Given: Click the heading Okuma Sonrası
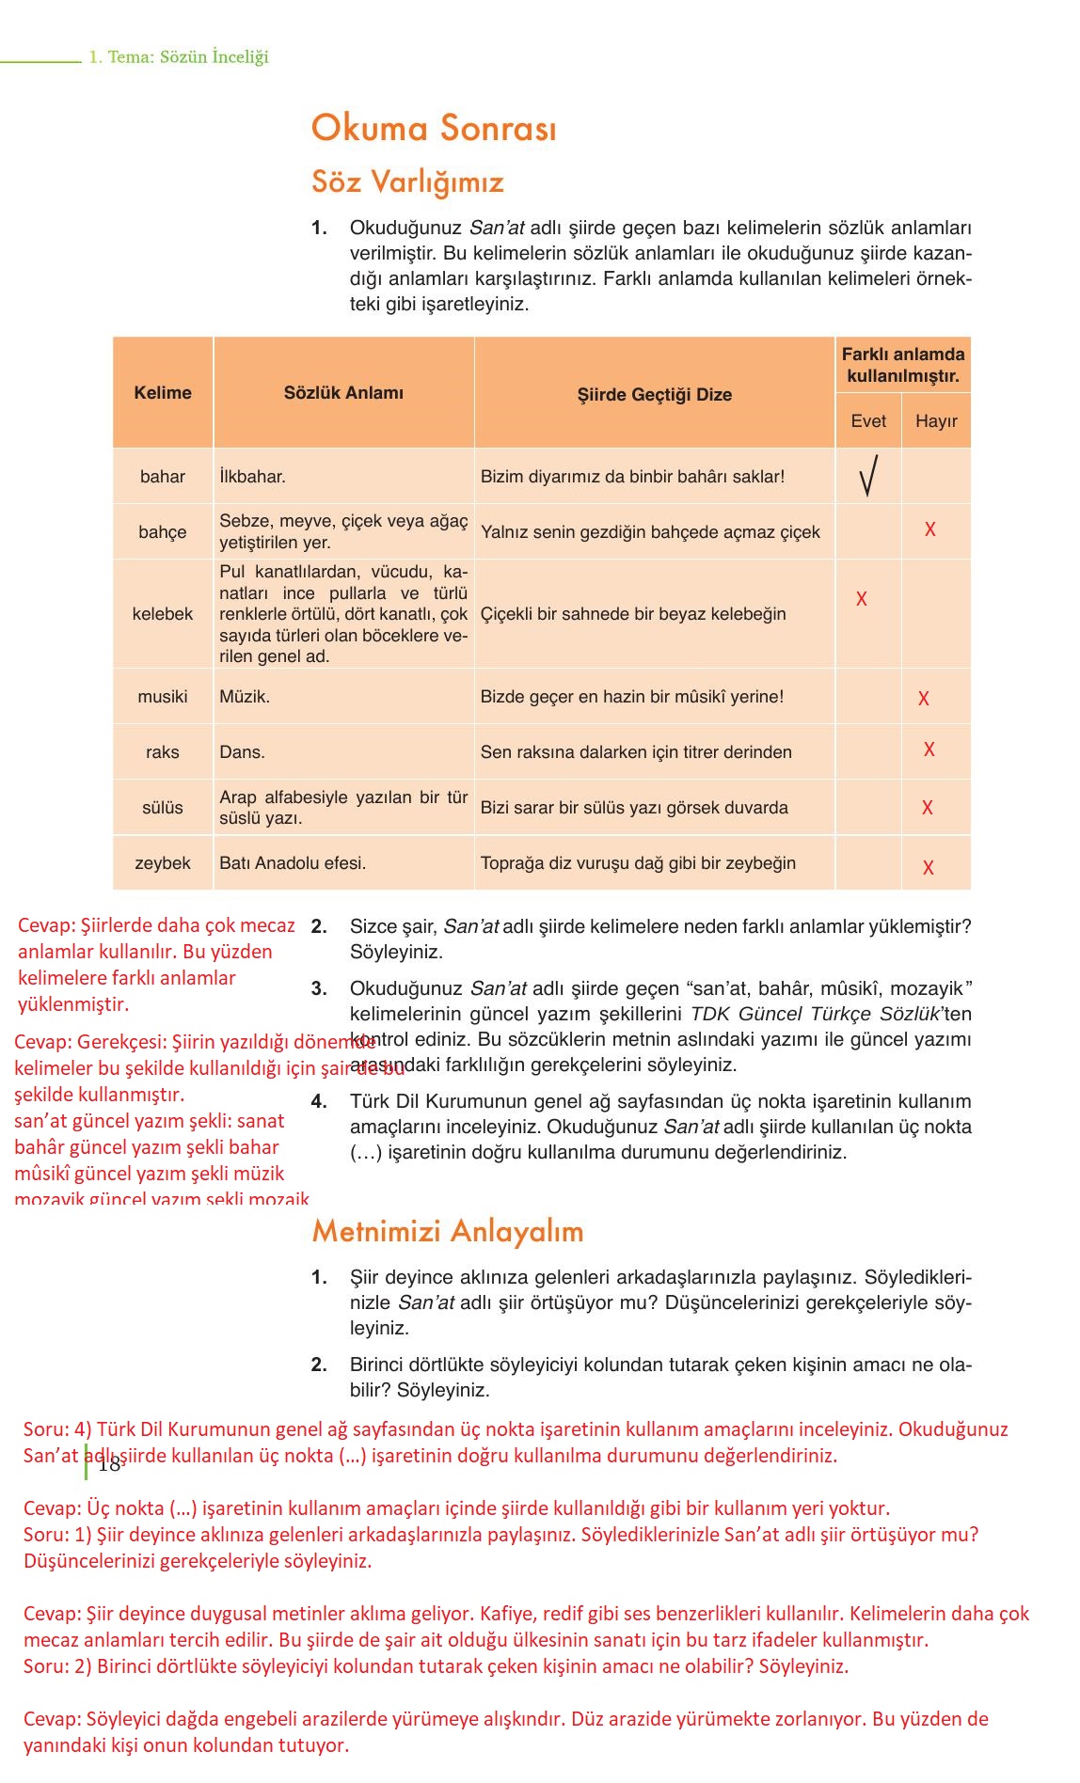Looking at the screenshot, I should (x=434, y=129).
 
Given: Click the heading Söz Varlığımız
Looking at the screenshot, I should (x=407, y=181).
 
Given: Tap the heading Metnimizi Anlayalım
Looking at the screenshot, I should (x=448, y=1231).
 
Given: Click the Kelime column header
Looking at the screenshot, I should (x=163, y=393).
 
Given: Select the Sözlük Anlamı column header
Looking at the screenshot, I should (x=343, y=393).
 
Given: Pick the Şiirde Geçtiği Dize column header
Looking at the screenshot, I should (x=654, y=395).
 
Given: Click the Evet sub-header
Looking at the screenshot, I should (x=867, y=421).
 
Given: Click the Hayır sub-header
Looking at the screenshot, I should (x=935, y=421).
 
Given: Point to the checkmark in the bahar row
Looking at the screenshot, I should (x=868, y=476).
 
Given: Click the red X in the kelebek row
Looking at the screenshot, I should (x=862, y=599).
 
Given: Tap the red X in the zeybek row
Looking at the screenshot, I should (x=929, y=868).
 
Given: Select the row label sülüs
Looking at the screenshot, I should (x=163, y=808).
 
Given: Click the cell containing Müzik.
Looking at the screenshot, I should (x=245, y=697).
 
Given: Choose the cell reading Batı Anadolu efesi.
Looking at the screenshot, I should (x=293, y=863).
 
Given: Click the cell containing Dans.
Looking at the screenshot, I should (x=242, y=752).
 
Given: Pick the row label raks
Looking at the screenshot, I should (x=163, y=752).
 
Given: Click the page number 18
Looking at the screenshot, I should (x=109, y=1464).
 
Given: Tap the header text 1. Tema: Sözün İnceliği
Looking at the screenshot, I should (x=179, y=57).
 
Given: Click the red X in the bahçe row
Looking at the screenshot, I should (x=929, y=529).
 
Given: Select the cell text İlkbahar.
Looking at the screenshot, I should (x=252, y=477).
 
